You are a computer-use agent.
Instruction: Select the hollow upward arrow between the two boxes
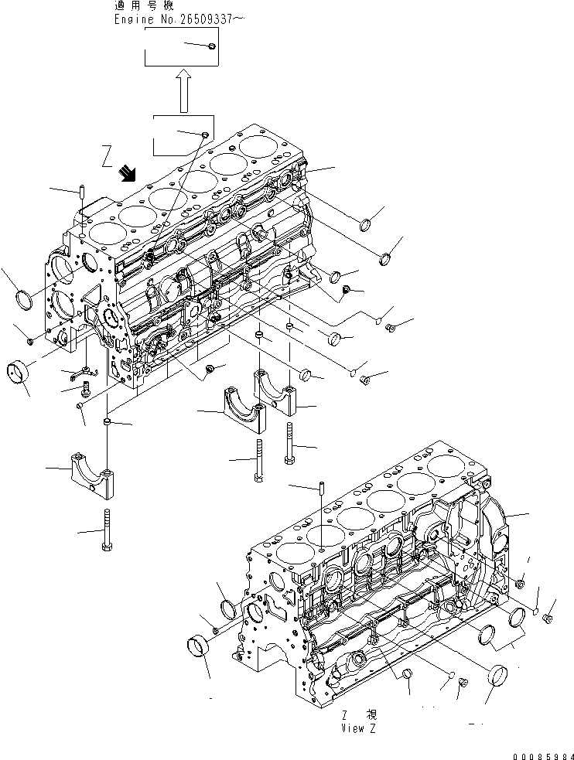click(184, 90)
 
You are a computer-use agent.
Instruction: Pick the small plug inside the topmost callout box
click(211, 47)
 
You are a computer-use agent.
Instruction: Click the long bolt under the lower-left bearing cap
click(106, 530)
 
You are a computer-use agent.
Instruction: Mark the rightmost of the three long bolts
click(289, 444)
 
